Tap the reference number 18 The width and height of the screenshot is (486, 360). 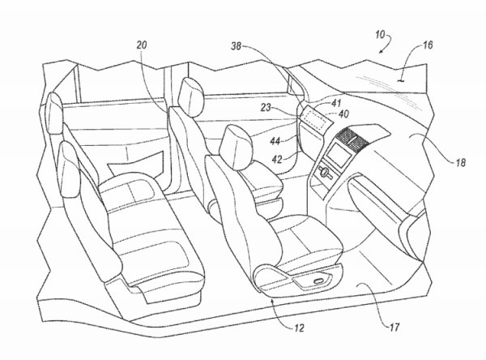click(x=458, y=161)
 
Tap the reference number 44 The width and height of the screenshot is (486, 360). click(x=275, y=140)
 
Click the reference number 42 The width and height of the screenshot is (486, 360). click(x=277, y=159)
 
